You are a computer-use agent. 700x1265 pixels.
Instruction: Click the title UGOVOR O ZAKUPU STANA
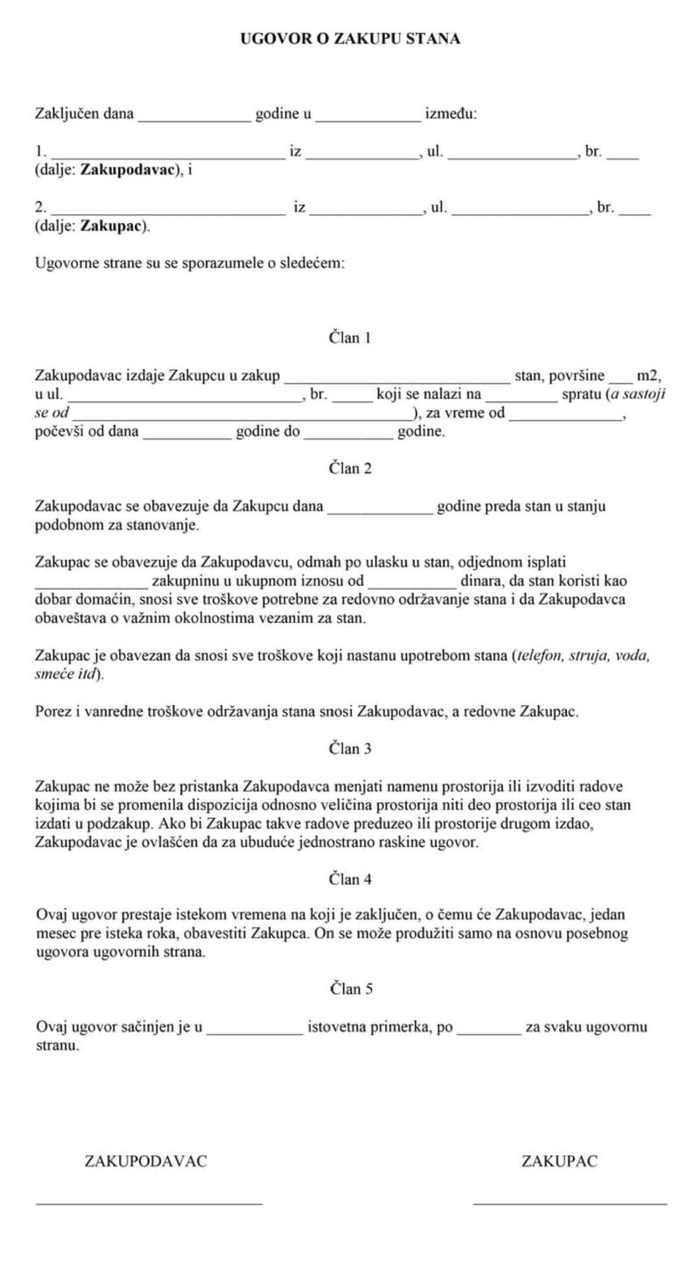[x=350, y=39]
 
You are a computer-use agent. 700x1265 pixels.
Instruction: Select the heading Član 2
[x=350, y=468]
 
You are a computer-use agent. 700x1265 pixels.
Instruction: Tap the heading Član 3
[x=350, y=749]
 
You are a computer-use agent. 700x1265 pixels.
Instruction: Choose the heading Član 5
[x=350, y=989]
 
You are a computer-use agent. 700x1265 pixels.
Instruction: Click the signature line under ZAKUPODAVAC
[x=149, y=1205]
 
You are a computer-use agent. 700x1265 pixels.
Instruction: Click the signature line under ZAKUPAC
[x=570, y=1205]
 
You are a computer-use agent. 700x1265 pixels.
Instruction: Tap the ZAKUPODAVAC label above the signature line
[x=145, y=1162]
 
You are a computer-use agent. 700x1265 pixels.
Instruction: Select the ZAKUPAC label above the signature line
[x=560, y=1162]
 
